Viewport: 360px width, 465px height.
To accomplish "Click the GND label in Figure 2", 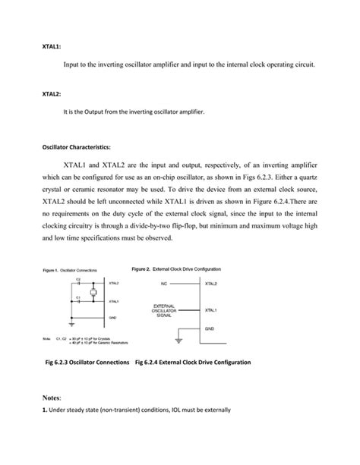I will (210, 328).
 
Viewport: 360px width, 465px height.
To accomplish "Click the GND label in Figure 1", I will (112, 318).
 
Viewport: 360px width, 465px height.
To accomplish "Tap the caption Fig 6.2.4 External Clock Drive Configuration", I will (192, 363).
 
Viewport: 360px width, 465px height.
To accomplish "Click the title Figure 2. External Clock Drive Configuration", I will (176, 269).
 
